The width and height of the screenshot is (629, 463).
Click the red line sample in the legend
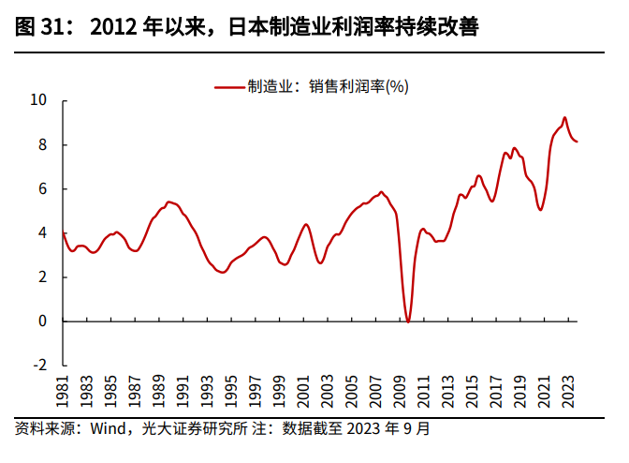pyautogui.click(x=228, y=87)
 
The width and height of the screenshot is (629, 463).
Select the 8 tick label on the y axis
pyautogui.click(x=42, y=144)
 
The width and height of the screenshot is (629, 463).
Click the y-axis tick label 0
pyautogui.click(x=42, y=321)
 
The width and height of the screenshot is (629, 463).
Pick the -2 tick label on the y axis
pyautogui.click(x=39, y=366)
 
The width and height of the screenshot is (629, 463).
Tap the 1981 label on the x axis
pyautogui.click(x=64, y=391)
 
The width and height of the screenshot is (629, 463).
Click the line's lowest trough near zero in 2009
pyautogui.click(x=407, y=321)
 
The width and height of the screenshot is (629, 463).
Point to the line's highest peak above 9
pyautogui.click(x=564, y=118)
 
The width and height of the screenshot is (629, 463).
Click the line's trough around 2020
pyautogui.click(x=540, y=209)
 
